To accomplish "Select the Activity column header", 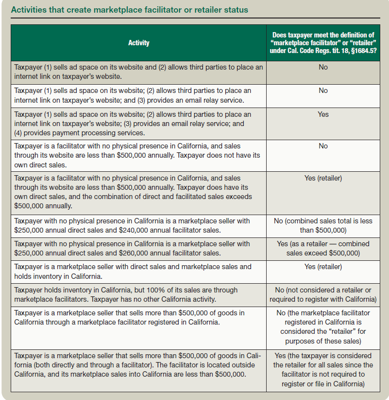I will pos(138,43).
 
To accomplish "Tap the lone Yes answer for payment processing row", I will pos(323,114).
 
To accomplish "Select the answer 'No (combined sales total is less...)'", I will pos(323,225).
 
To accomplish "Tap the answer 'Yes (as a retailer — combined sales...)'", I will pos(323,248).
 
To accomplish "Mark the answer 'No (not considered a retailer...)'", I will pos(323,294).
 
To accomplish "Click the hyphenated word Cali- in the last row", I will pos(254,356).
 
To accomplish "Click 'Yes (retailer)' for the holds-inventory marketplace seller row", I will pos(323,267).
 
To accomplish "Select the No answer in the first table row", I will pos(323,67).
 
